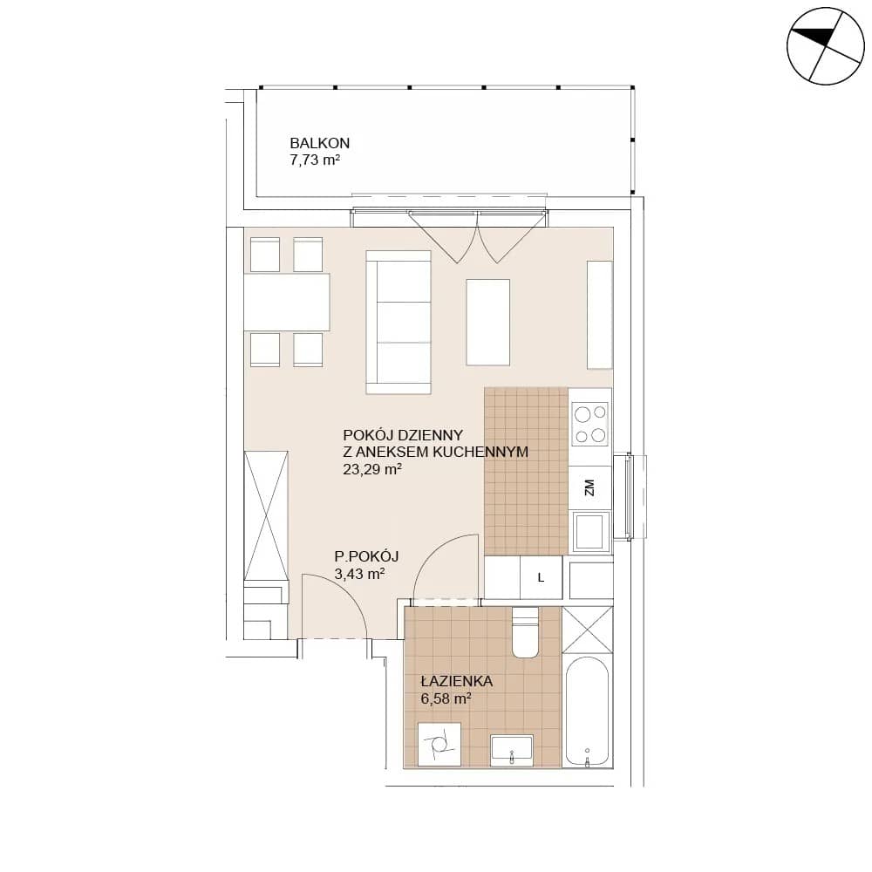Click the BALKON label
(x=320, y=143)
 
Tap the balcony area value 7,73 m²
(x=315, y=160)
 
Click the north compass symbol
(x=825, y=46)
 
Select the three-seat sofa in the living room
(x=399, y=322)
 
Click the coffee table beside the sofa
(x=487, y=323)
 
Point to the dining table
(x=286, y=302)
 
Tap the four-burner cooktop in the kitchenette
(x=590, y=424)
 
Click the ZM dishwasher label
(x=589, y=487)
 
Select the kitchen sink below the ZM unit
(x=590, y=532)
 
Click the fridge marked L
(x=541, y=578)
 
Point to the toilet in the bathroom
(x=525, y=632)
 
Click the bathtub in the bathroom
(x=587, y=713)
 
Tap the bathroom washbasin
(x=512, y=751)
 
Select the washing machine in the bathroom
(x=439, y=745)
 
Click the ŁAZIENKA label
(x=457, y=681)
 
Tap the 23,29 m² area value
(x=372, y=469)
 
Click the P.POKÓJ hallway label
(x=366, y=556)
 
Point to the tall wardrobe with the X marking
(x=266, y=515)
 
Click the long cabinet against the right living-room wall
(x=600, y=315)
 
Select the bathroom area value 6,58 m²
(x=446, y=698)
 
